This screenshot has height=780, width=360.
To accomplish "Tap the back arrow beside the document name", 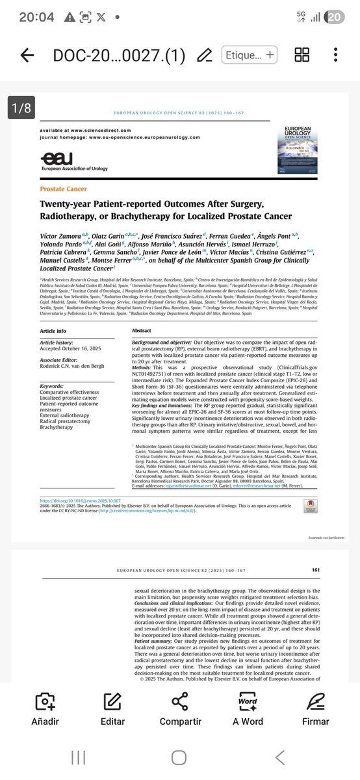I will click(x=27, y=55).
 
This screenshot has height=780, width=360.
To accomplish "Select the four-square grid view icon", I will click(x=302, y=55).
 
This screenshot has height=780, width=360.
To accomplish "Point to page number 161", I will click(x=315, y=570).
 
